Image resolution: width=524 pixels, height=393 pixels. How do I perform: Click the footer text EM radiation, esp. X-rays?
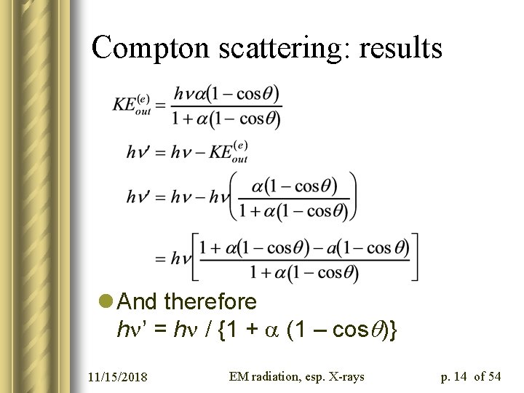[x=296, y=376]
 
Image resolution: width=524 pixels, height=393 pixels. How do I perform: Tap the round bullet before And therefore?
[x=107, y=301]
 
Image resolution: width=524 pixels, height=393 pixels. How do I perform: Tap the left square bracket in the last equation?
[x=195, y=257]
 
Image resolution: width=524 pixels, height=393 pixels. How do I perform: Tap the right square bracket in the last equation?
[x=415, y=257]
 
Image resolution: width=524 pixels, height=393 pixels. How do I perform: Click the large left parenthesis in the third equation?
[x=233, y=196]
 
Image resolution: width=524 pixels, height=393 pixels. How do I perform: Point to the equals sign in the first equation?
[x=161, y=106]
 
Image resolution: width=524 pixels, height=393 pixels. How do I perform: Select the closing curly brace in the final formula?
[x=394, y=330]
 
